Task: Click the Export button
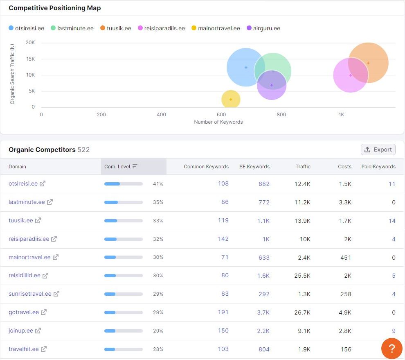[378, 149]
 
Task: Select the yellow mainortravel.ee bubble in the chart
[231, 99]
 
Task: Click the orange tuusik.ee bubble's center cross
[368, 63]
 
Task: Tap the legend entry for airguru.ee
[263, 28]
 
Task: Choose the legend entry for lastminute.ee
[72, 28]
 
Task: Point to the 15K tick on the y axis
[31, 59]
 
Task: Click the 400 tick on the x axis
[161, 115]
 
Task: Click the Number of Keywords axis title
[218, 122]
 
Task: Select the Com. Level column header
[121, 167]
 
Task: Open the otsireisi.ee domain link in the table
[23, 183]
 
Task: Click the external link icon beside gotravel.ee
[44, 312]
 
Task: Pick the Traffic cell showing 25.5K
[302, 276]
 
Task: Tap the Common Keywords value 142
[223, 239]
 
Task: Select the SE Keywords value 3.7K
[263, 312]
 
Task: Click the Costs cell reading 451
[346, 257]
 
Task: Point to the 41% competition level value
[158, 184]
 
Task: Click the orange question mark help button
[392, 349]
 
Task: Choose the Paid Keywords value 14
[392, 221]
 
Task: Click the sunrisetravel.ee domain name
[30, 294]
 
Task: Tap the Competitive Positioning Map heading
[55, 8]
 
